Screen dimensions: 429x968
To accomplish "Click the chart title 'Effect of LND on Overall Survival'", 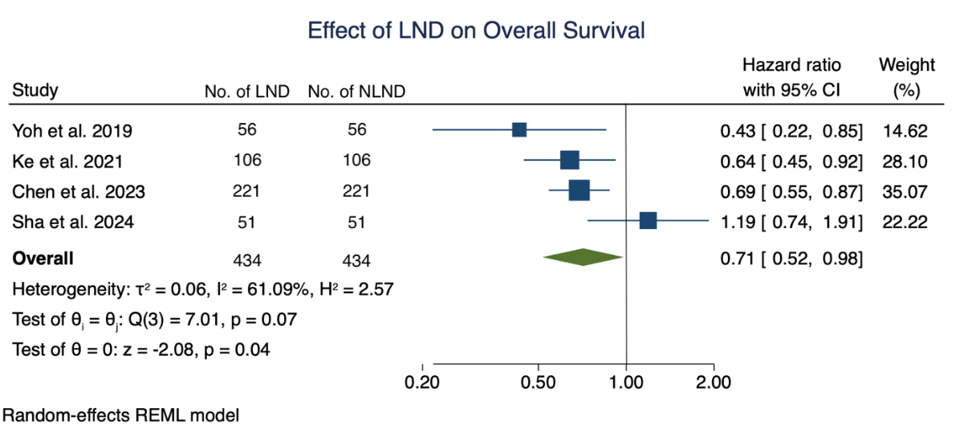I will click(477, 31).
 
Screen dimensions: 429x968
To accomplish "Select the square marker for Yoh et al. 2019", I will click(519, 130).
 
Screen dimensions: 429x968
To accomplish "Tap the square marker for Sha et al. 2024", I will click(648, 221).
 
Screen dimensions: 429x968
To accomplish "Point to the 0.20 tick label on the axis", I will click(422, 382).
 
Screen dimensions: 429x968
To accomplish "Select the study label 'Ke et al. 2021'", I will click(67, 161).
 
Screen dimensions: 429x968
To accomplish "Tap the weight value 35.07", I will click(905, 191).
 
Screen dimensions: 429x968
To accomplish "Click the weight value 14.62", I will click(905, 130).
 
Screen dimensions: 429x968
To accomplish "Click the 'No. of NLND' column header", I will click(356, 92).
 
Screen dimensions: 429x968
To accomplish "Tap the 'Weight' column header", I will click(906, 65).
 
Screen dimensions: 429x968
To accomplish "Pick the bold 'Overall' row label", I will click(43, 259).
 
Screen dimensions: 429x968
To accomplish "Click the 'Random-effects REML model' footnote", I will click(121, 415).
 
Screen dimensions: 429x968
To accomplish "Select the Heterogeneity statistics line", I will click(202, 289).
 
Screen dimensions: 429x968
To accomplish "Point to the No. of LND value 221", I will click(247, 191).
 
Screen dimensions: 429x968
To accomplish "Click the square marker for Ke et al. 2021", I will click(569, 161).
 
